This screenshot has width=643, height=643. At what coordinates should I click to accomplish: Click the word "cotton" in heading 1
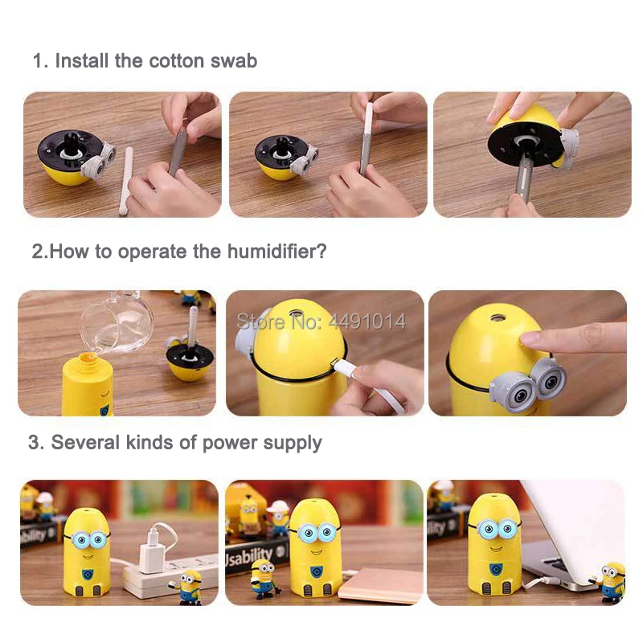pyautogui.click(x=176, y=61)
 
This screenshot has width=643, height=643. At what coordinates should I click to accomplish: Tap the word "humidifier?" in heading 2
pyautogui.click(x=276, y=251)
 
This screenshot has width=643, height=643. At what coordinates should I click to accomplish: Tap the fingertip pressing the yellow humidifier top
pyautogui.click(x=529, y=338)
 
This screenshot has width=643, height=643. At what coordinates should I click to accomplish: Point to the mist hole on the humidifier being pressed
pyautogui.click(x=497, y=317)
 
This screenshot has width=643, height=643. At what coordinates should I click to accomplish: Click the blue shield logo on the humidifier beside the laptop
pyautogui.click(x=495, y=569)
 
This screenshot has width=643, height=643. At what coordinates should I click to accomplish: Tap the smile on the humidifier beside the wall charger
pyautogui.click(x=88, y=556)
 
